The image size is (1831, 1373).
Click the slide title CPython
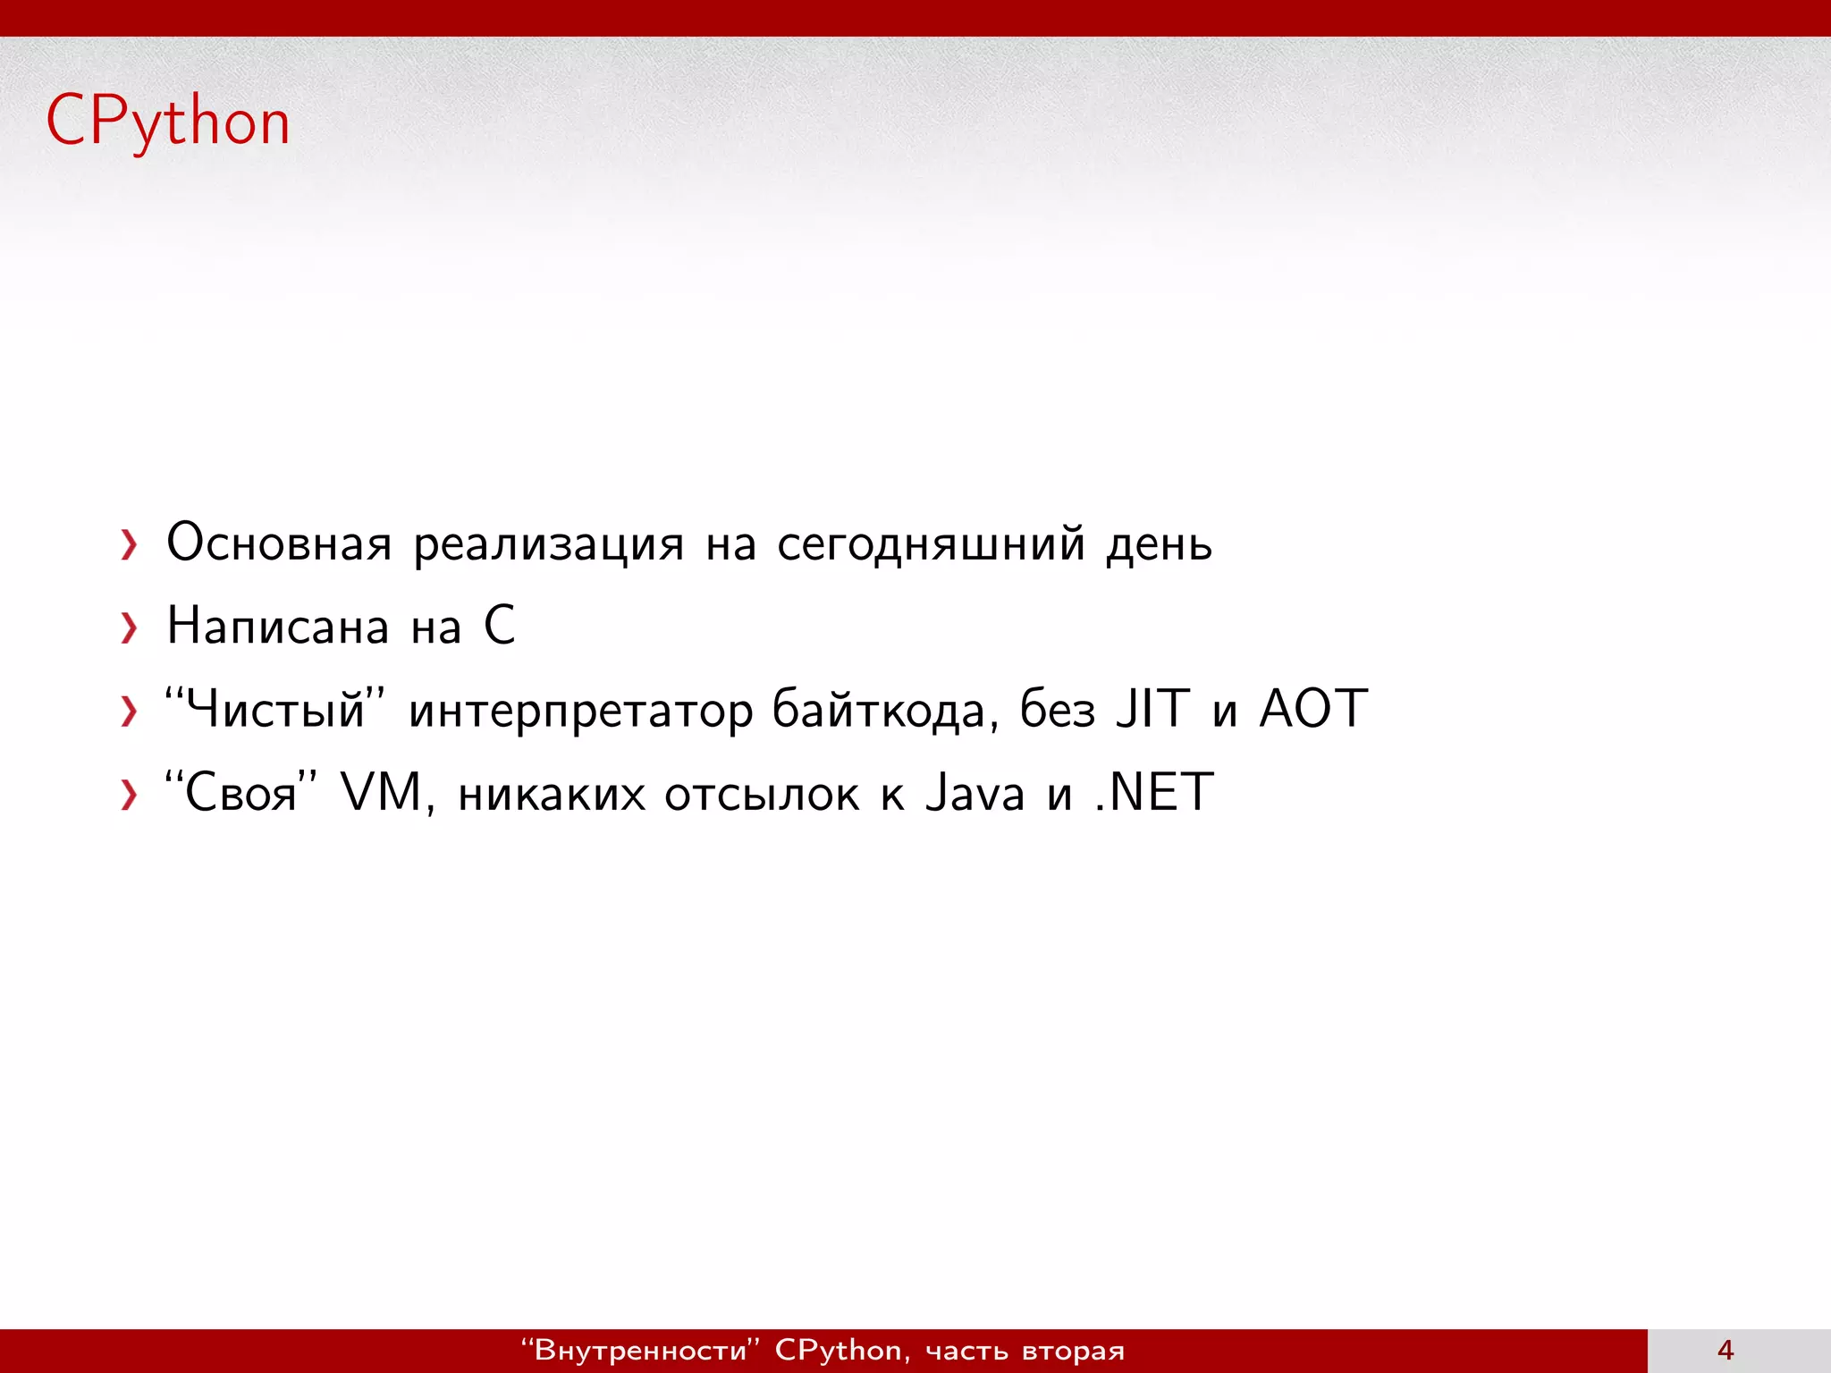[x=168, y=122]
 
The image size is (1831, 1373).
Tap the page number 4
[x=1726, y=1350]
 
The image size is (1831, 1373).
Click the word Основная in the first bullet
[x=279, y=543]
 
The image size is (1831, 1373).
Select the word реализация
[x=548, y=544]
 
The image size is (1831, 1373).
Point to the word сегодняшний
[x=931, y=544]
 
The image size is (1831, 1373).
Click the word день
[x=1159, y=544]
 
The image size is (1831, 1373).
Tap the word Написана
[x=278, y=626]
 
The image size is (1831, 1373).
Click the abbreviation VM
[x=381, y=792]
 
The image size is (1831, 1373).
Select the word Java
[x=975, y=793]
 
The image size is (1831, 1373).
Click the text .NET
[x=1153, y=792]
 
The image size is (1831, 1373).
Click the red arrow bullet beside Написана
[x=130, y=628]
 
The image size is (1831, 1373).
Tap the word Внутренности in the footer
[x=640, y=1350]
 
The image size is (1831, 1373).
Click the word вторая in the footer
[x=1073, y=1351]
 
